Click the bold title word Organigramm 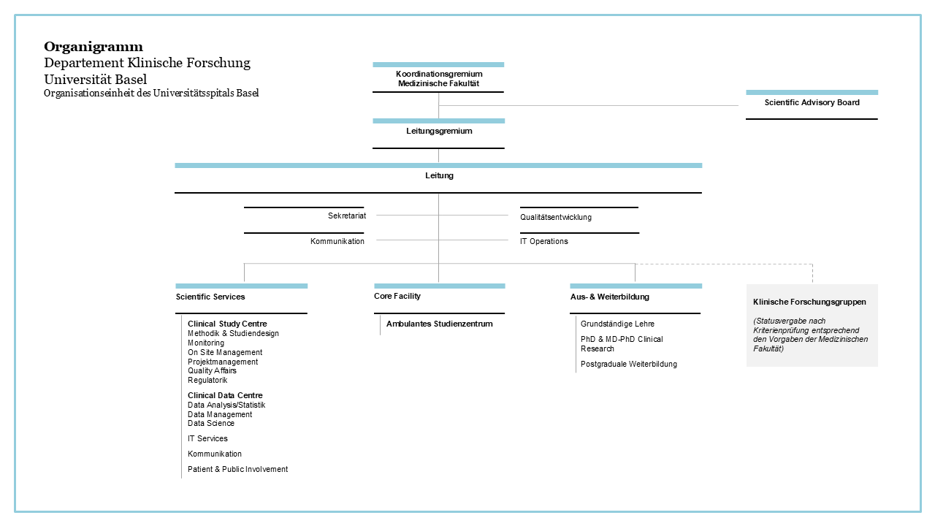click(x=93, y=47)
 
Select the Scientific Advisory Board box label click(x=812, y=102)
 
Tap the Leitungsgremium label click(x=439, y=131)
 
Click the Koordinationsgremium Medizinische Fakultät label click(x=439, y=78)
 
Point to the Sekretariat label click(x=347, y=216)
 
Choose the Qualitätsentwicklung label click(x=556, y=217)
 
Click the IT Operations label click(x=544, y=241)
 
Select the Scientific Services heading click(x=210, y=297)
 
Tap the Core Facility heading click(x=397, y=296)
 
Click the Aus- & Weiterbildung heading click(x=610, y=297)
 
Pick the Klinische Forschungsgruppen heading click(x=809, y=302)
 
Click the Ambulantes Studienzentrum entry click(x=440, y=324)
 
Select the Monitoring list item click(x=206, y=343)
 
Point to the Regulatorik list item click(x=207, y=381)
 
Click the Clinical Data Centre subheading click(x=225, y=395)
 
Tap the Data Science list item click(x=211, y=423)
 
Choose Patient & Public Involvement click(x=237, y=469)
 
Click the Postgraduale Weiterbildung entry click(x=629, y=364)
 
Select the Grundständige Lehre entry click(x=617, y=324)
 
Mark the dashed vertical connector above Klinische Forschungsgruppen click(x=812, y=273)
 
